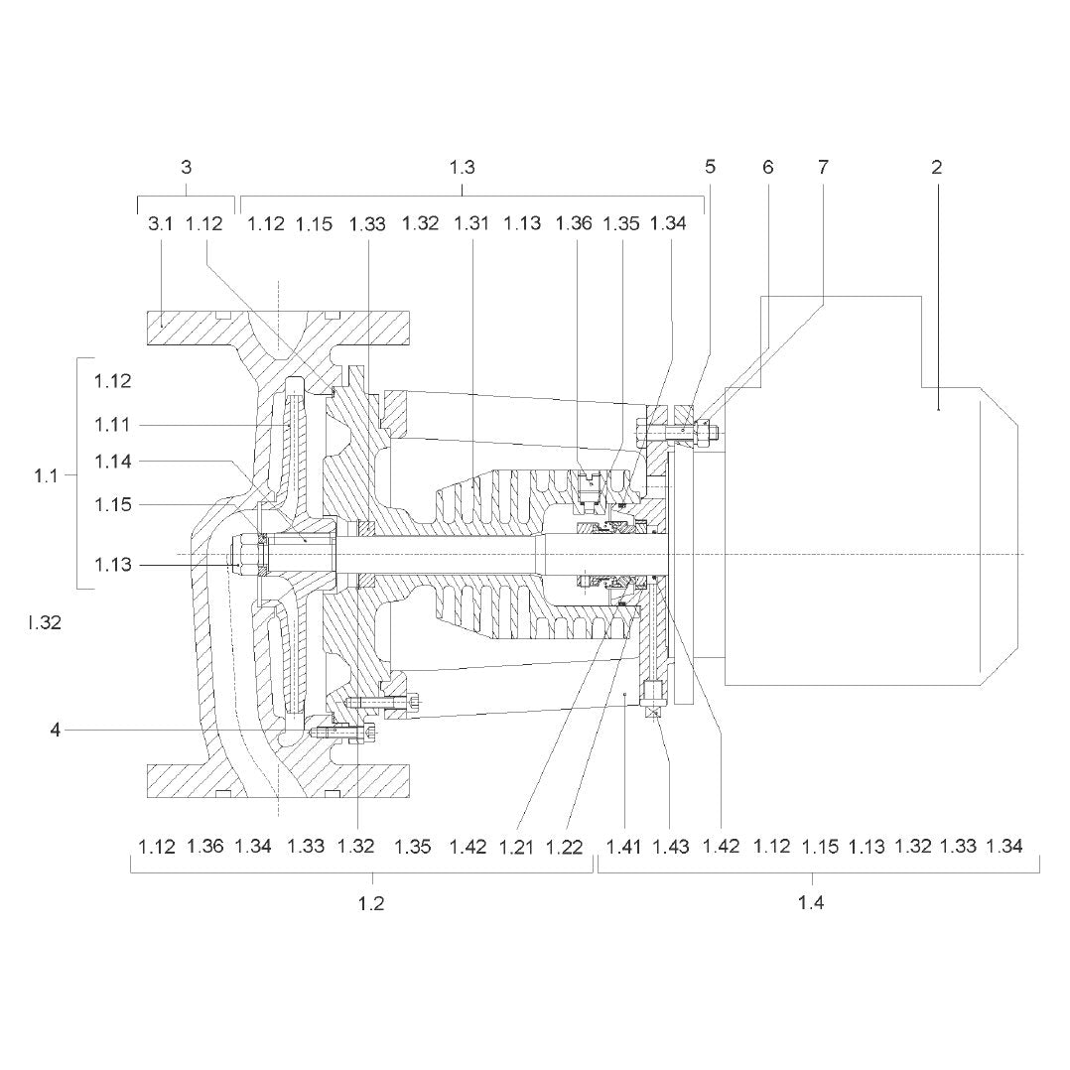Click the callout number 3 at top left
click(x=187, y=167)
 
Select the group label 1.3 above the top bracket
click(x=462, y=167)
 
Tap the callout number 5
click(x=711, y=167)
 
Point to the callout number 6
click(x=767, y=167)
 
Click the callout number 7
click(x=823, y=167)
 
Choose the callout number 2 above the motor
click(x=936, y=167)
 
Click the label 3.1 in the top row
click(x=161, y=223)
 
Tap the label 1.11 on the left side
click(x=112, y=425)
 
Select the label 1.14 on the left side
click(x=112, y=462)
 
